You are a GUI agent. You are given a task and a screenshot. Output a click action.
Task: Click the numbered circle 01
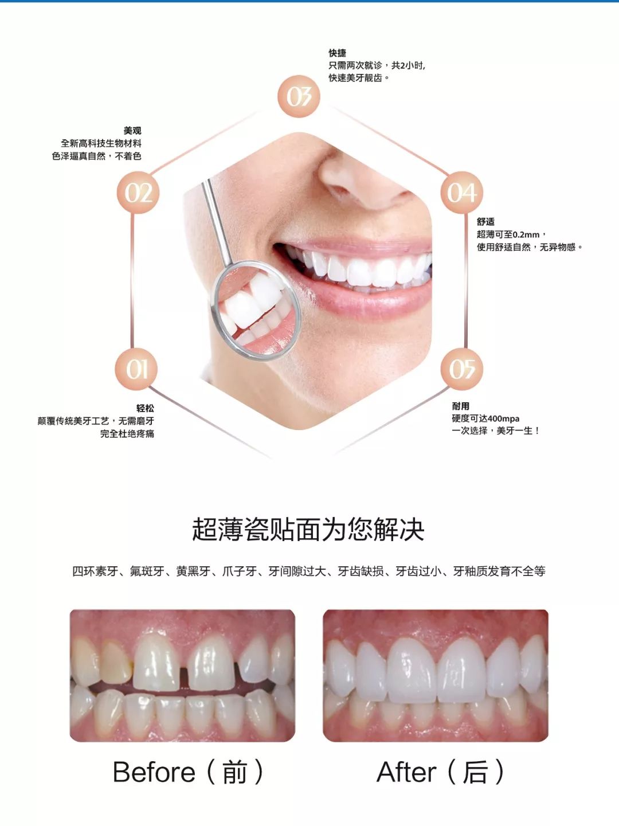click(136, 369)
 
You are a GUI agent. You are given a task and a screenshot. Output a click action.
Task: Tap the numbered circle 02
click(138, 193)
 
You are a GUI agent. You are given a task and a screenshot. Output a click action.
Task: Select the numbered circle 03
click(299, 96)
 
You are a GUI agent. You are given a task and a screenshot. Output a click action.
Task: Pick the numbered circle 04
click(462, 193)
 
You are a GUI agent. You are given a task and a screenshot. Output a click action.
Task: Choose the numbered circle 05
click(462, 369)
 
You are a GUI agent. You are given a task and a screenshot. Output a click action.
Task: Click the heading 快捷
click(337, 53)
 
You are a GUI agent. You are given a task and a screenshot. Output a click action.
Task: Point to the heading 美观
click(132, 131)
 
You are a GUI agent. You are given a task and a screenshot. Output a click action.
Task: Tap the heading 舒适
click(485, 221)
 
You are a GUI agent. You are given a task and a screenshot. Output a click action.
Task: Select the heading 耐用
click(461, 406)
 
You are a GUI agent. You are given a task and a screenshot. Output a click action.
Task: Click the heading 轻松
click(145, 408)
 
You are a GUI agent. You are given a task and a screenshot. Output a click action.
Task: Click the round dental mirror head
click(256, 310)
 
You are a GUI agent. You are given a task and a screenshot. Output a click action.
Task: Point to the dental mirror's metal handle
click(218, 218)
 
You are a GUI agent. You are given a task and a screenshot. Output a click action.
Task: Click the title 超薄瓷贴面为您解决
click(308, 529)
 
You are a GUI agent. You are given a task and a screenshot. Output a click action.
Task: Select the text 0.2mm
click(526, 234)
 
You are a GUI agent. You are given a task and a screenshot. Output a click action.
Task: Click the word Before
click(154, 772)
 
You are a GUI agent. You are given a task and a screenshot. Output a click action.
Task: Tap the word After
click(406, 772)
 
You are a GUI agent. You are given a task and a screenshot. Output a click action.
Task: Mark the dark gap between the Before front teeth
click(185, 676)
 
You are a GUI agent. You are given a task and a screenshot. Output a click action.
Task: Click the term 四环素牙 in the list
click(95, 571)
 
